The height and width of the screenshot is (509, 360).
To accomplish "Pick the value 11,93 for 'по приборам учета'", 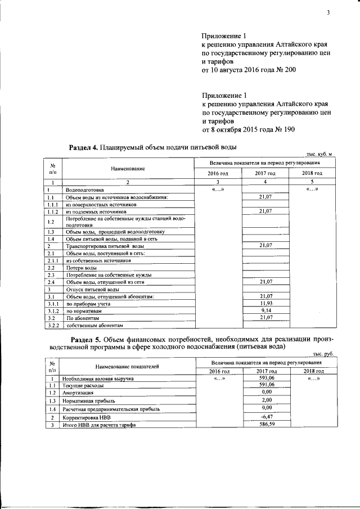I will (265, 303).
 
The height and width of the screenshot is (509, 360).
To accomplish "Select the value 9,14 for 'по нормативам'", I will (265, 310).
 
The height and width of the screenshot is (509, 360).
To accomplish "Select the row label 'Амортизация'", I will (78, 392).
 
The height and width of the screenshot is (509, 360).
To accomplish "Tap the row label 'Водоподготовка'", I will (85, 190).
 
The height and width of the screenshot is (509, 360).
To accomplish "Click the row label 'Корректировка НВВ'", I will (87, 418).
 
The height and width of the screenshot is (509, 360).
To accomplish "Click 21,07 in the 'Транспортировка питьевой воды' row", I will (265, 246).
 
